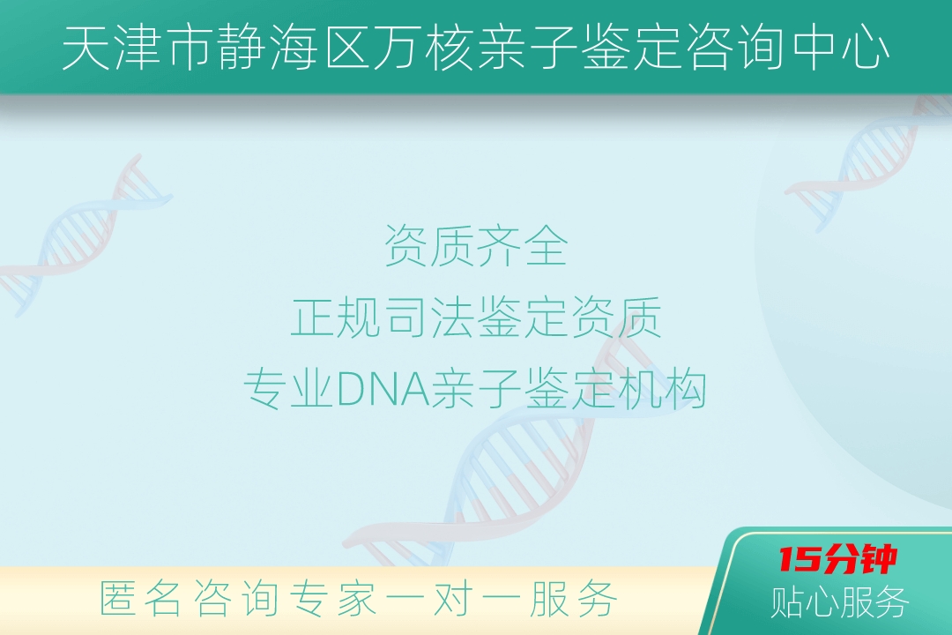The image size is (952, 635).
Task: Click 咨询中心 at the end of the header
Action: click(x=762, y=48)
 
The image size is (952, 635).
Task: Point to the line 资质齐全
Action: click(x=476, y=245)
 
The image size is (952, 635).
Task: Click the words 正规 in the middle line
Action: click(x=337, y=317)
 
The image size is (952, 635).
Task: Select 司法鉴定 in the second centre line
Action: click(x=476, y=317)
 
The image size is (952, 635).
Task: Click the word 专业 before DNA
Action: click(x=290, y=389)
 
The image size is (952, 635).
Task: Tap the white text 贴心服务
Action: click(x=840, y=602)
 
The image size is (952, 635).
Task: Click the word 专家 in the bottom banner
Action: click(x=332, y=599)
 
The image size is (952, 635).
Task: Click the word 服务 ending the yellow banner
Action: click(x=572, y=599)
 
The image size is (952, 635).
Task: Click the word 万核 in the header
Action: click(x=423, y=48)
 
